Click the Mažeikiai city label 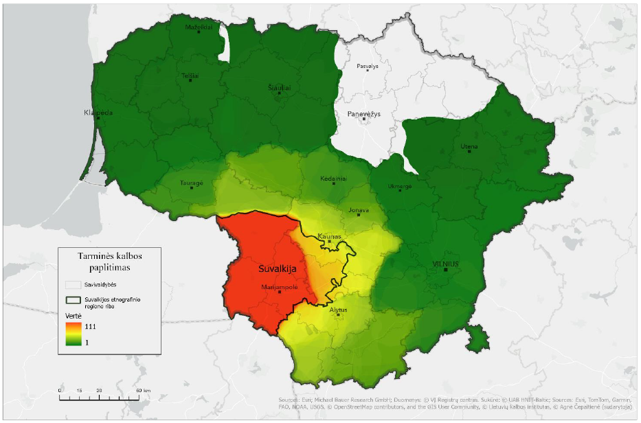[x=199, y=27]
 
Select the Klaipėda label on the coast [x=98, y=113]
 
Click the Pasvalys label [x=368, y=67]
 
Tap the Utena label [x=470, y=146]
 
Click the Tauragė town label [x=192, y=183]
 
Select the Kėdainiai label [x=333, y=179]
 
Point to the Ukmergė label [x=400, y=185]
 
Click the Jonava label [x=359, y=210]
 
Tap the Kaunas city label [x=329, y=236]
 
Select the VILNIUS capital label [x=445, y=264]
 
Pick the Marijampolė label [x=280, y=287]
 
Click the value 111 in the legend [x=90, y=327]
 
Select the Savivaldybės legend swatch [x=73, y=284]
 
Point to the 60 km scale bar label [x=141, y=390]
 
